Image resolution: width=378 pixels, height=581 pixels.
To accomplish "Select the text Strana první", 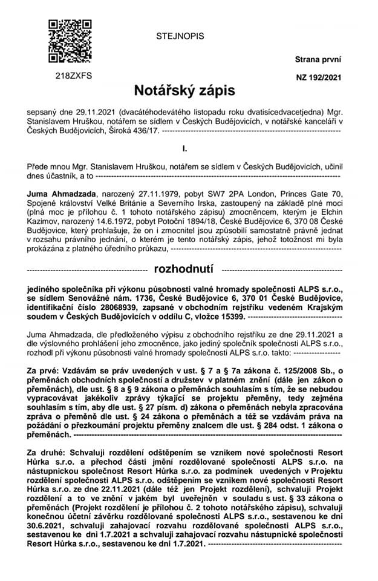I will pyautogui.click(x=318, y=59).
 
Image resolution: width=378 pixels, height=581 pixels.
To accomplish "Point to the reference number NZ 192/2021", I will pyautogui.click(x=318, y=77).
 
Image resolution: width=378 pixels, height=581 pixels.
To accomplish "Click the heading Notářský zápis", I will pyautogui.click(x=184, y=91).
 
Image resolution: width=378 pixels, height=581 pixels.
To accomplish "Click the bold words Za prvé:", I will pyautogui.click(x=47, y=369).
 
